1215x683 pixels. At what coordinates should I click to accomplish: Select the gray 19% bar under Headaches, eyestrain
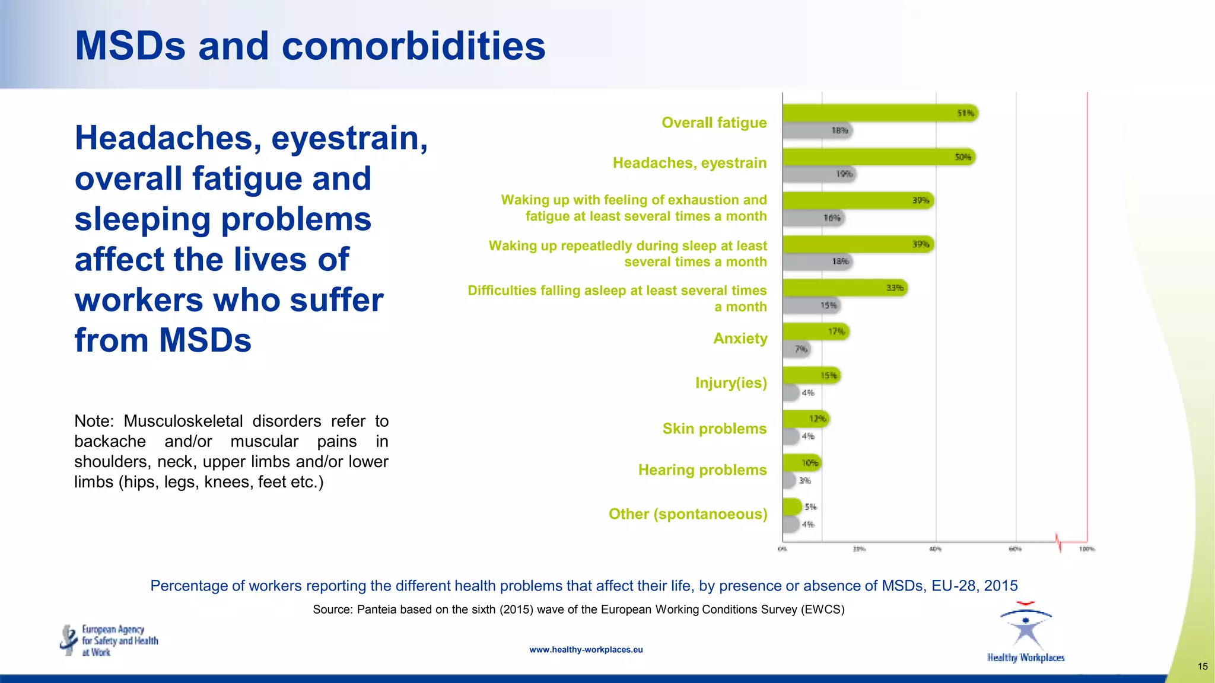(819, 174)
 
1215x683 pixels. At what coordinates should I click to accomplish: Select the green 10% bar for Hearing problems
(801, 462)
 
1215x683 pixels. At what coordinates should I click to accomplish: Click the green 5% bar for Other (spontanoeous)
(792, 507)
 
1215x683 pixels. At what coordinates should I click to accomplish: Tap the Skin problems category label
(714, 429)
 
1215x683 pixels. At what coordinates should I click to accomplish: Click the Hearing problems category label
(702, 470)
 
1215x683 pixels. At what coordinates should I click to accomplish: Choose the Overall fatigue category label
(714, 123)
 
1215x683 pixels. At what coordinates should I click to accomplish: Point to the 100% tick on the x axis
(1086, 549)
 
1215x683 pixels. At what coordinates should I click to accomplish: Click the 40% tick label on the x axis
(935, 549)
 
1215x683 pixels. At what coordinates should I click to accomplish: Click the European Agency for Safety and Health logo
(109, 640)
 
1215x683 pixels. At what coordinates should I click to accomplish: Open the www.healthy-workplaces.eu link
(586, 650)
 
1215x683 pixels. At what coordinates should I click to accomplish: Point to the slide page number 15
(1202, 666)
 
